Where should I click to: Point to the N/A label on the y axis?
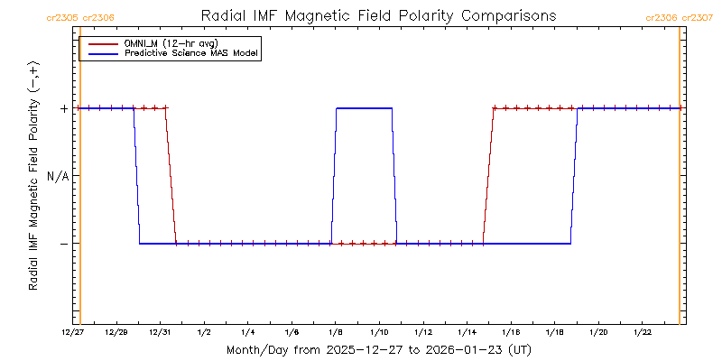pyautogui.click(x=58, y=176)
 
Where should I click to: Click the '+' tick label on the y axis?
pyautogui.click(x=64, y=108)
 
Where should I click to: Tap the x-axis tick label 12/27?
pyautogui.click(x=73, y=333)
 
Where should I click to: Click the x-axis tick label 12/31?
pyautogui.click(x=161, y=333)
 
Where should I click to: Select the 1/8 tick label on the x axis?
pyautogui.click(x=336, y=333)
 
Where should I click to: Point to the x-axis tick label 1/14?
pyautogui.click(x=467, y=333)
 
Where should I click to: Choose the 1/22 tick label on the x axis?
pyautogui.click(x=642, y=333)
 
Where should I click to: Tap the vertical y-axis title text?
pyautogui.click(x=33, y=180)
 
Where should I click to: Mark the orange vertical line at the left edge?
pyautogui.click(x=80, y=180)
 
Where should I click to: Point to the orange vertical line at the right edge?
pyautogui.click(x=679, y=180)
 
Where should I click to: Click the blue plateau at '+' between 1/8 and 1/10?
pyautogui.click(x=364, y=108)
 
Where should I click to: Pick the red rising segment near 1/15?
pyautogui.click(x=488, y=176)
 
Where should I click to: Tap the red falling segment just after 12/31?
pyautogui.click(x=171, y=176)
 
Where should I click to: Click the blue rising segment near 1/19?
pyautogui.click(x=574, y=176)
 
